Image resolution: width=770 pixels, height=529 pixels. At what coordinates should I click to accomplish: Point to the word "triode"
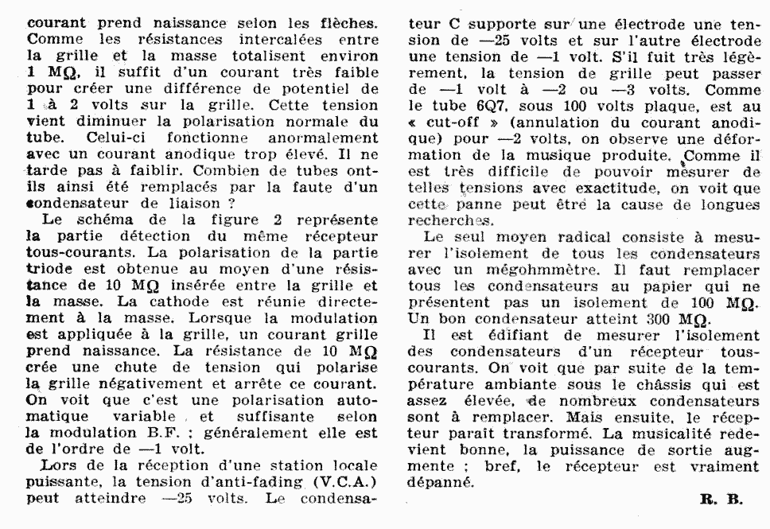(49, 271)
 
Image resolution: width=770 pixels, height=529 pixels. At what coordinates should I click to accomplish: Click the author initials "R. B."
(721, 500)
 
